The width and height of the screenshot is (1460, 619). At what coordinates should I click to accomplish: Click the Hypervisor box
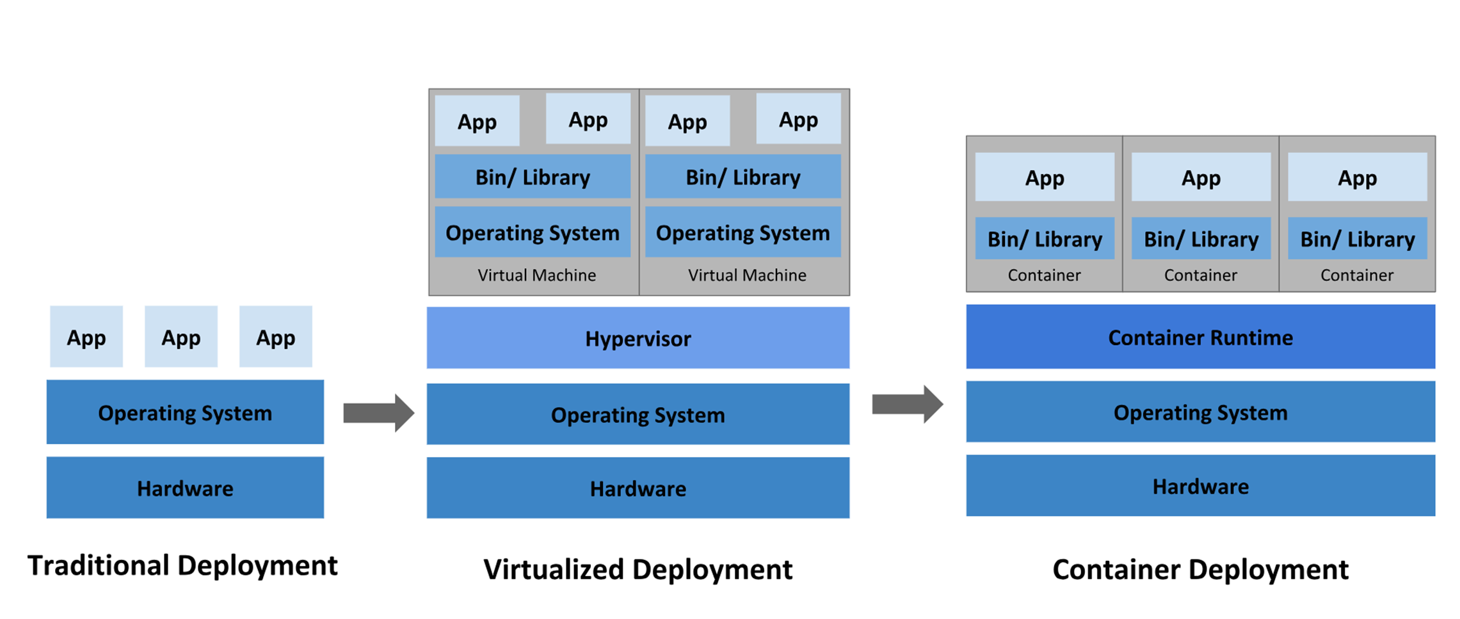pos(638,338)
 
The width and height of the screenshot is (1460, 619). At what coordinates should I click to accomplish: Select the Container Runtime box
pos(1200,337)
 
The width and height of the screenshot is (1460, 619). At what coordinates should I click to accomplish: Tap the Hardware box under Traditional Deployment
pos(185,488)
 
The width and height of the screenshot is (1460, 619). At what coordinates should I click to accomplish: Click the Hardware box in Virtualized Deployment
pos(638,488)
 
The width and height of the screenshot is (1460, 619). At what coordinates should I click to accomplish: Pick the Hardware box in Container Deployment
pos(1200,486)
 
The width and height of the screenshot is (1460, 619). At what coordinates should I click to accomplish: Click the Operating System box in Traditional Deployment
pos(185,412)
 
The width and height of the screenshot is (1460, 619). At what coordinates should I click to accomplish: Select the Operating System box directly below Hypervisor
pos(638,414)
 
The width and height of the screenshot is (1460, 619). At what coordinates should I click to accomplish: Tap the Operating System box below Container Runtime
pos(1200,412)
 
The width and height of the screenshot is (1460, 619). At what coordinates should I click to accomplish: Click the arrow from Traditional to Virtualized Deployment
pos(378,413)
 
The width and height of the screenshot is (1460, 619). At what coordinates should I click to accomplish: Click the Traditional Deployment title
pos(182,566)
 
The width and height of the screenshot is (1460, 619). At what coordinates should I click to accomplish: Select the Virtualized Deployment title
pos(638,569)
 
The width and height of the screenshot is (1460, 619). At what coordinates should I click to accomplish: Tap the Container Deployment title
pos(1200,569)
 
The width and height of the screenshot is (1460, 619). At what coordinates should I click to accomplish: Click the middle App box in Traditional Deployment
pos(181,337)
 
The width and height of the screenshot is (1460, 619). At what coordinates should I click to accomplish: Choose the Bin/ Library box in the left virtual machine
pos(533,177)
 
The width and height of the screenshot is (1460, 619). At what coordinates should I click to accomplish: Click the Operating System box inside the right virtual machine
pos(742,232)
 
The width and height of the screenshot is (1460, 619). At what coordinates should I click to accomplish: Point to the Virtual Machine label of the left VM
pos(536,275)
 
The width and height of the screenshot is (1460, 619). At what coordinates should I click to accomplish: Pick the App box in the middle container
pos(1201,177)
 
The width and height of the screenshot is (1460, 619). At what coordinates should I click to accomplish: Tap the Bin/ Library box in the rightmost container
pos(1357,239)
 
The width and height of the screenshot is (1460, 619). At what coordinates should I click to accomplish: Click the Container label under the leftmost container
pos(1044,275)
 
